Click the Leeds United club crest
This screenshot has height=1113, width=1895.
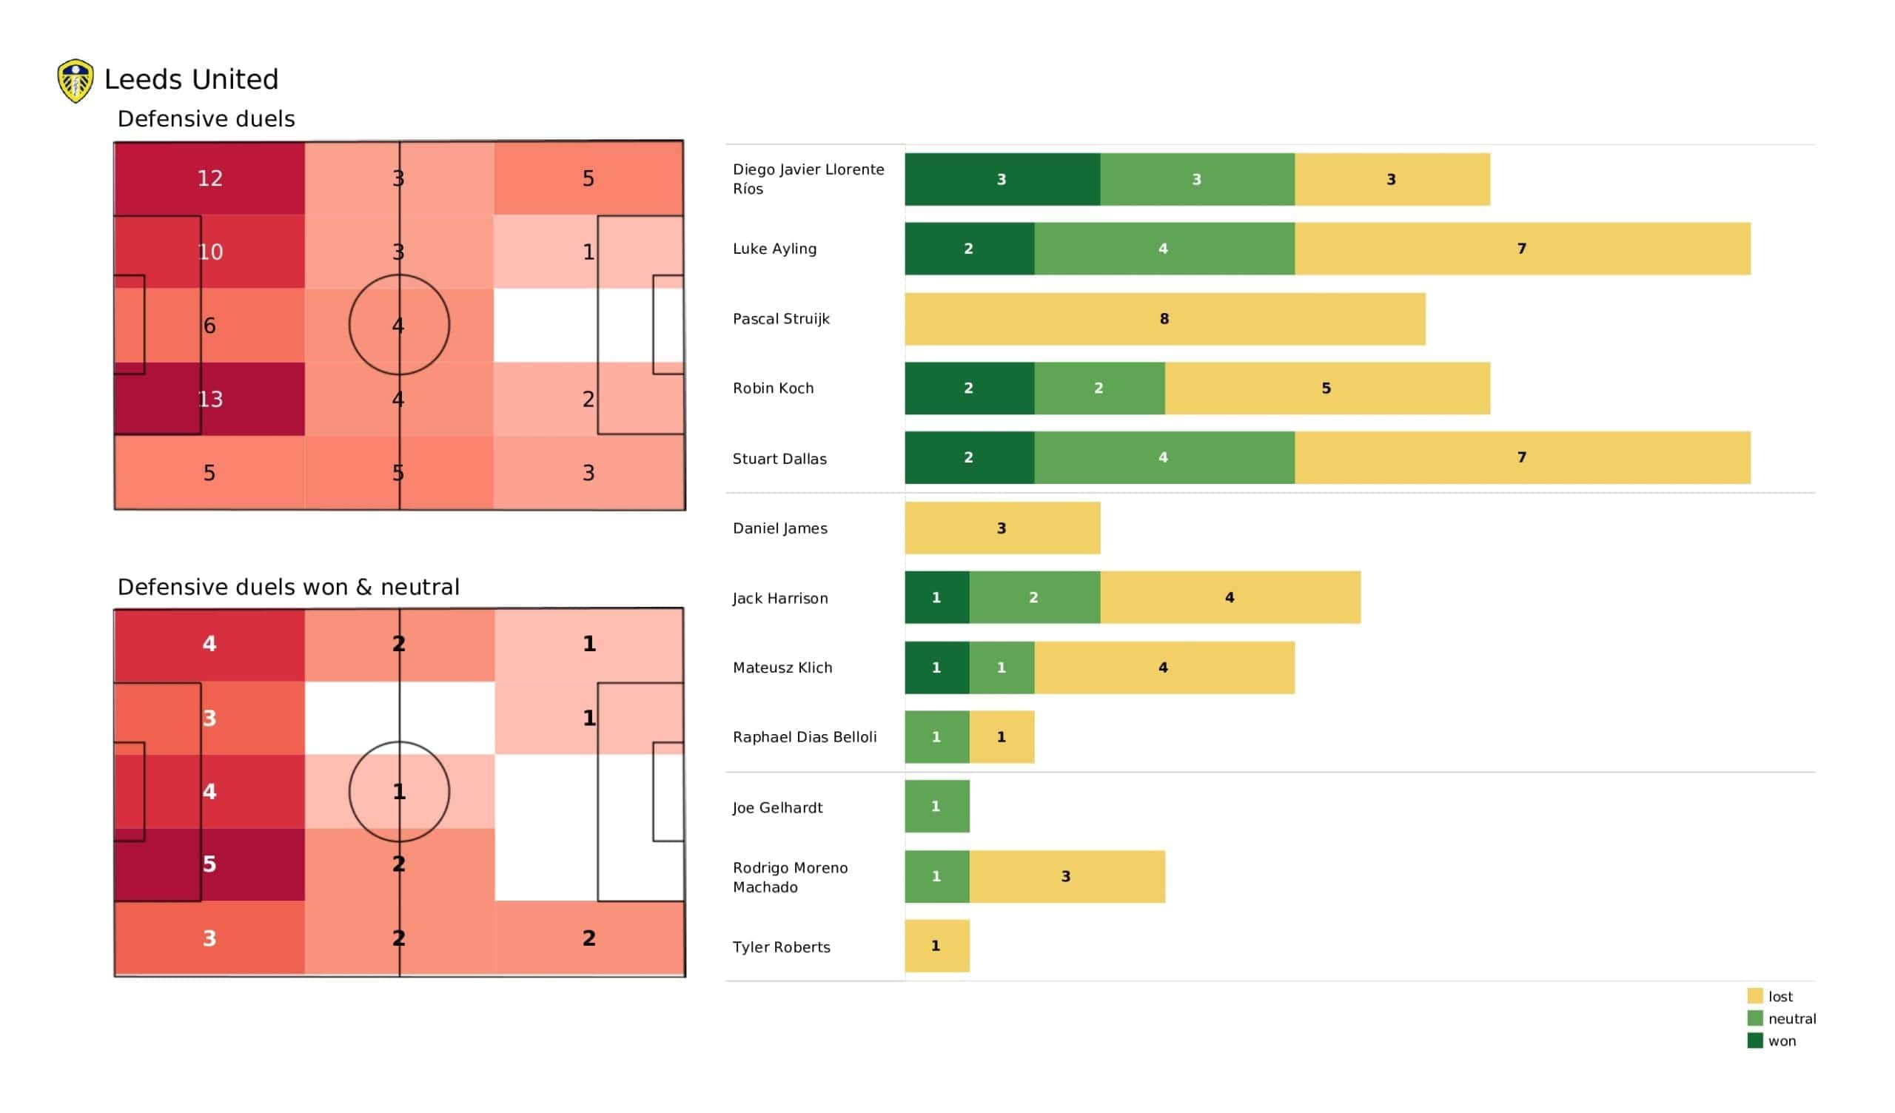[76, 81]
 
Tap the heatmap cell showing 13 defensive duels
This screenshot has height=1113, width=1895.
[209, 400]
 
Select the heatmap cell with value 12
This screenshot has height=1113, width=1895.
[209, 178]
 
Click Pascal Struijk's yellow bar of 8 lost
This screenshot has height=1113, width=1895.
[1165, 319]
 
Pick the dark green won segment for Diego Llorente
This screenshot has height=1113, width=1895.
[1002, 179]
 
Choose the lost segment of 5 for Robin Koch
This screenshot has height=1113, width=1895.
[1327, 388]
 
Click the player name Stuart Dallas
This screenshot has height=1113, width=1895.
[779, 459]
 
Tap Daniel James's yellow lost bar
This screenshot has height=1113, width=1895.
[1002, 528]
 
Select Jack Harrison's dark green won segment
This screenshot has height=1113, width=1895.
[937, 598]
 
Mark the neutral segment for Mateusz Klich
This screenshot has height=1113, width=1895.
[1002, 668]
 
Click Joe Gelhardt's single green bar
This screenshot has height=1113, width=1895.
[937, 807]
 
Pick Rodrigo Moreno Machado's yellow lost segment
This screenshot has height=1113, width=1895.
[1067, 877]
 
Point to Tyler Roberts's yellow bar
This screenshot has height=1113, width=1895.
[937, 946]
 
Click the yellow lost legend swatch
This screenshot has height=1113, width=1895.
[1755, 996]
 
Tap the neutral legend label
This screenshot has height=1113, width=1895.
[1792, 1019]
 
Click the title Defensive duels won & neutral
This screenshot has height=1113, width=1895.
[288, 588]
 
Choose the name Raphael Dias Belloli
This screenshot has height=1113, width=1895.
[805, 737]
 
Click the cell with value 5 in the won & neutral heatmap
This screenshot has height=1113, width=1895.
[209, 865]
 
